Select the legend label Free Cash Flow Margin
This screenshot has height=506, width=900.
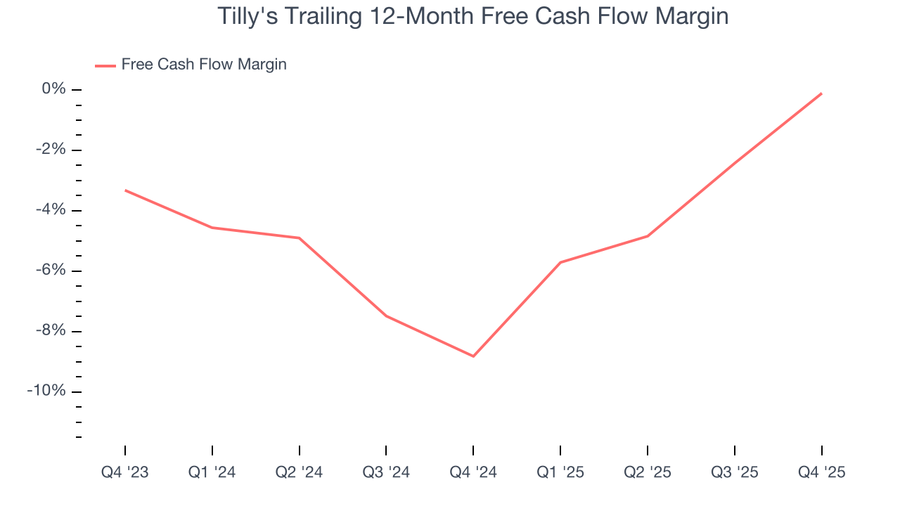click(204, 65)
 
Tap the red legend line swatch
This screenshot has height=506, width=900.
click(105, 65)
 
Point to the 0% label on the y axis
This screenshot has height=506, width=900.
click(53, 89)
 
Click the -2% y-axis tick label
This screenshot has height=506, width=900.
click(50, 150)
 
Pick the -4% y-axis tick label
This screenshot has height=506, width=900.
click(50, 210)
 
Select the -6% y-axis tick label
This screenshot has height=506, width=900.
click(50, 271)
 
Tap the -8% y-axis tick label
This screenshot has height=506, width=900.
click(50, 331)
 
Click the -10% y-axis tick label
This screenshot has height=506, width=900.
click(46, 391)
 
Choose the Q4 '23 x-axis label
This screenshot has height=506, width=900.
click(125, 472)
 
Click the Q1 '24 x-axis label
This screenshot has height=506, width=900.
click(212, 472)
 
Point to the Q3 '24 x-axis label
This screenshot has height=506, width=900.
click(386, 472)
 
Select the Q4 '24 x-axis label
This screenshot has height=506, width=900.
click(473, 472)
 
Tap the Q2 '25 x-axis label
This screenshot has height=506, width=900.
click(648, 472)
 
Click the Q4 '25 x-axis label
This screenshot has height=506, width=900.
click(821, 472)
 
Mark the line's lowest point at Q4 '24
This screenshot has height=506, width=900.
click(473, 356)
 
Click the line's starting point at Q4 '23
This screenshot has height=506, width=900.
click(125, 190)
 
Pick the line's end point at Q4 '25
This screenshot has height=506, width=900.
click(821, 93)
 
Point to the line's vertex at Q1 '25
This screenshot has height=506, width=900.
click(560, 262)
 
